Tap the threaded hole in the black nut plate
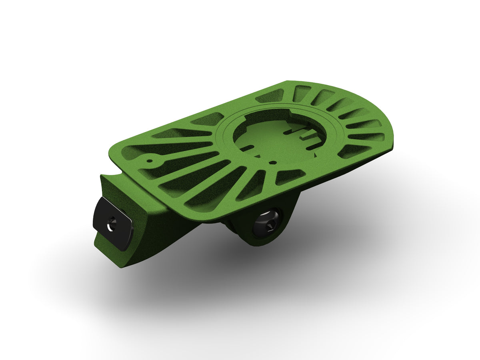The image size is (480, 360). point(112,224)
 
